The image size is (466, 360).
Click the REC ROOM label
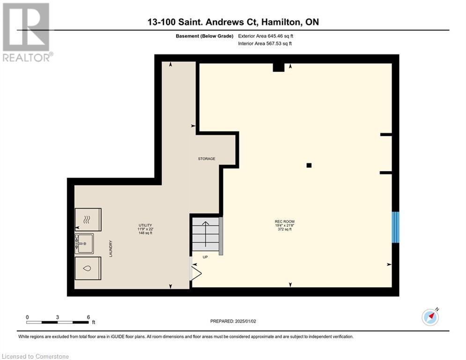point(285,221)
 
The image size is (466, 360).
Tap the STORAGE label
point(206,159)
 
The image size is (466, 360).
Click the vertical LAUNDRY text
point(111,248)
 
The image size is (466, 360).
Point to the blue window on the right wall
point(395,227)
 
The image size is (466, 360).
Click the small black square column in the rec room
point(309,165)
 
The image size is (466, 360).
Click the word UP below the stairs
point(205,257)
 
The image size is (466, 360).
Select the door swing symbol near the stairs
point(195,272)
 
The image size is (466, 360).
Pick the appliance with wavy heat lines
point(88,219)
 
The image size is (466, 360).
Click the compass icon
point(430,317)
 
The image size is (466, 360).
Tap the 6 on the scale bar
point(88,317)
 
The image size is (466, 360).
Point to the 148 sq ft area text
point(146,233)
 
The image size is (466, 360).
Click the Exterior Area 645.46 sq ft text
point(266,36)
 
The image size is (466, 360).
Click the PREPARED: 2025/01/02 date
point(234,321)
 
